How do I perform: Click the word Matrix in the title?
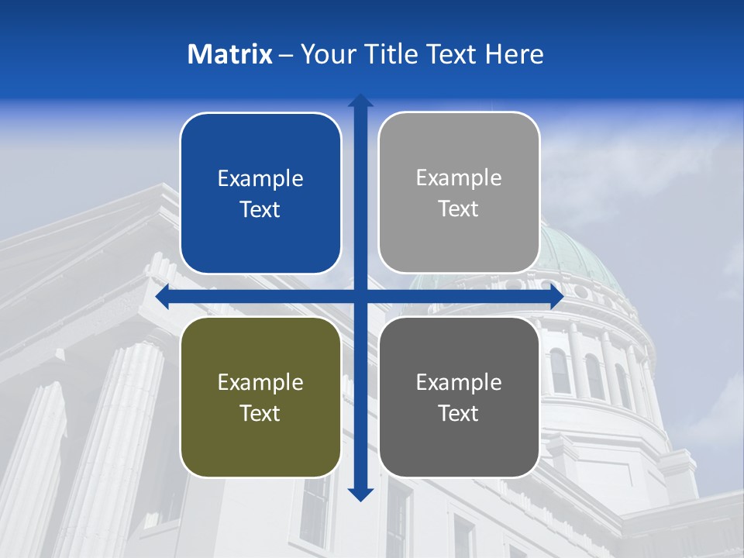click(230, 54)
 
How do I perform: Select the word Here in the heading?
click(515, 54)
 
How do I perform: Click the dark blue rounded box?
click(260, 194)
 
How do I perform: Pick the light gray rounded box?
click(459, 193)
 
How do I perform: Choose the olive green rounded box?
click(260, 397)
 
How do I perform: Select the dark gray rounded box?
click(459, 397)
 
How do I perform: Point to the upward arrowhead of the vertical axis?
click(360, 101)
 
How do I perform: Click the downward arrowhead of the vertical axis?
click(360, 494)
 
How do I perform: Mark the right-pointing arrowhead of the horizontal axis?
click(556, 297)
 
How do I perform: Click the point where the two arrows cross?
click(360, 297)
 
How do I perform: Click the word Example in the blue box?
click(260, 179)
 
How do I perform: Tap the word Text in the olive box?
click(260, 413)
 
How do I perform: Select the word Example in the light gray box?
click(459, 178)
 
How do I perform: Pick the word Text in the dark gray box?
click(459, 413)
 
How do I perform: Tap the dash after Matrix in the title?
click(286, 55)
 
